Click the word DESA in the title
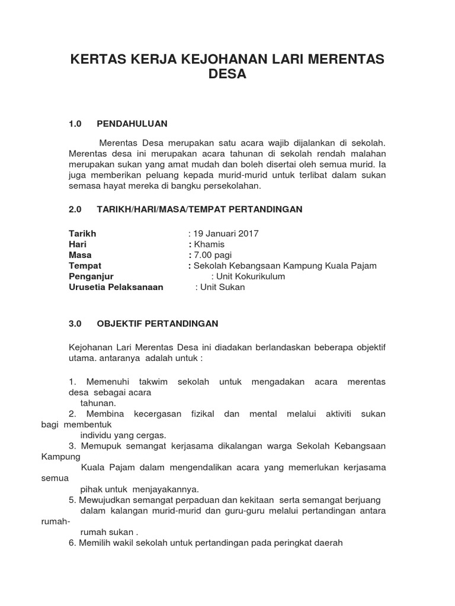coord(227,75)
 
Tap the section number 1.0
coord(75,124)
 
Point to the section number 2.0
coord(75,209)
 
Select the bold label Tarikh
coord(82,234)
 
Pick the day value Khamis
coord(209,244)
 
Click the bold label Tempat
coord(85,266)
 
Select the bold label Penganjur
coord(91,276)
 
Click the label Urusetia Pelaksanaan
coord(116,287)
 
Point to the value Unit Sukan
coord(223,287)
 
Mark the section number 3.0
coord(75,324)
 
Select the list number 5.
coord(72,500)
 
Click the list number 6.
coord(72,543)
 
